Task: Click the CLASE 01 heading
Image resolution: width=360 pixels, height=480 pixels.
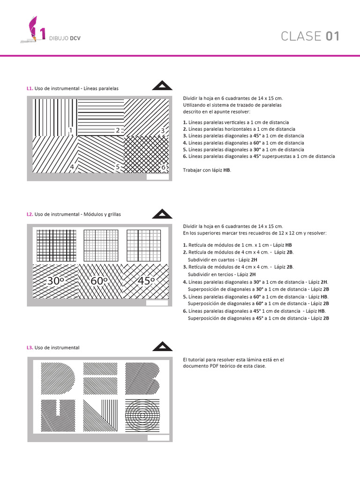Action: (310, 37)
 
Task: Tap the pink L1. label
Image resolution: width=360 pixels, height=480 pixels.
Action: (30, 88)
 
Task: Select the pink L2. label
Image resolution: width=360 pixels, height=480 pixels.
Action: (30, 214)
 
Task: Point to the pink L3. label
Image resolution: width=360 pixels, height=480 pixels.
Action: (30, 347)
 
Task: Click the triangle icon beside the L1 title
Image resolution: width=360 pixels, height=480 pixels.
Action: (162, 85)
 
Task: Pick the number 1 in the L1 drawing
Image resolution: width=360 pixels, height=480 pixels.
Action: (71, 130)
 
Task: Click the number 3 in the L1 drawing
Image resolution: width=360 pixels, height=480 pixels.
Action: (163, 130)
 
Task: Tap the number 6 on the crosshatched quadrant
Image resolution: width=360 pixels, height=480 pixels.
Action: (163, 167)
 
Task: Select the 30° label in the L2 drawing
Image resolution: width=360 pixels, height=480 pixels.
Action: (55, 281)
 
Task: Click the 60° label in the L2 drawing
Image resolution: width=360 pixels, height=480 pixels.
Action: (99, 281)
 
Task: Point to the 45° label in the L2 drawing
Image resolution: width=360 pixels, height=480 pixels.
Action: (146, 281)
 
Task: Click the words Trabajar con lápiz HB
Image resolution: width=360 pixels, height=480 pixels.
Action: (207, 170)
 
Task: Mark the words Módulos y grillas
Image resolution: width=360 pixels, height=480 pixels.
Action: (102, 214)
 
